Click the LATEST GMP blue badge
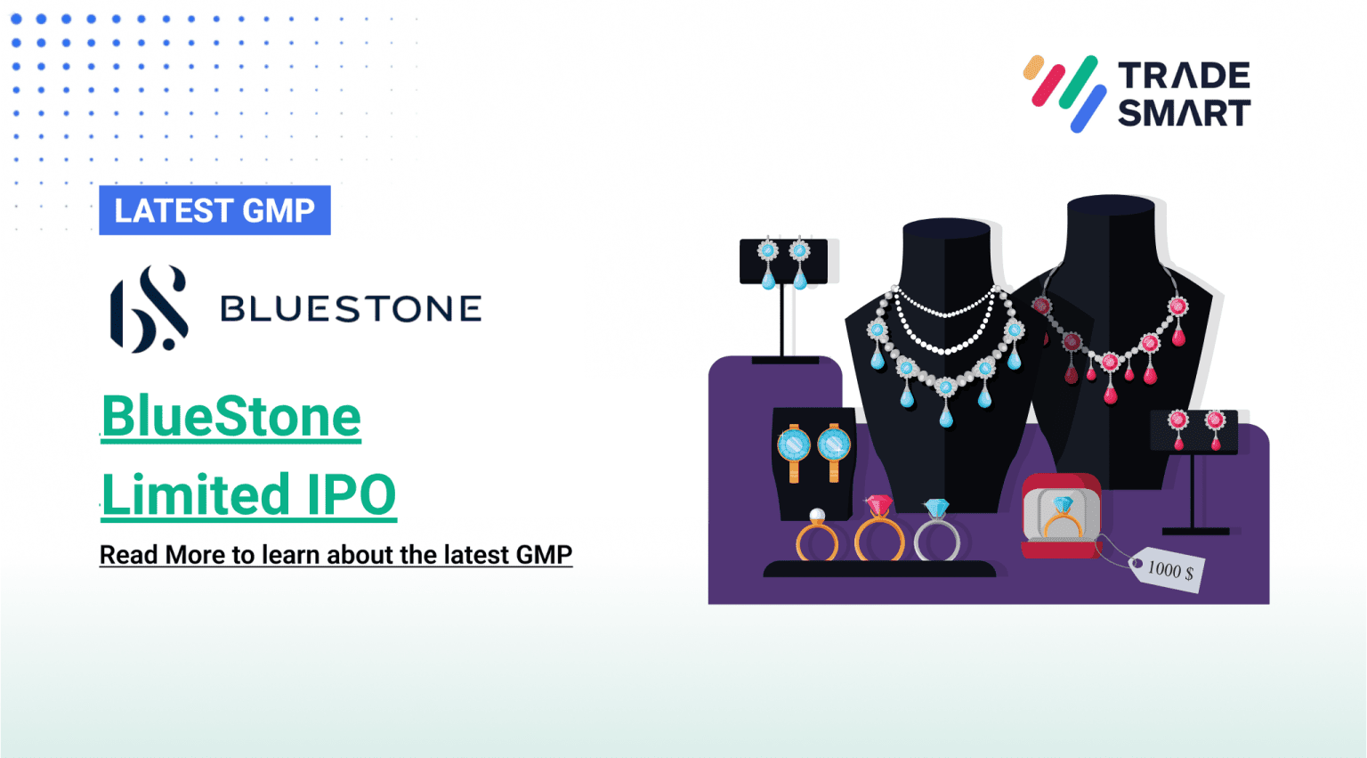(x=214, y=210)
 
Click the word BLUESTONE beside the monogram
(x=351, y=309)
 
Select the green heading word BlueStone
(x=231, y=417)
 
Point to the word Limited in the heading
(x=197, y=495)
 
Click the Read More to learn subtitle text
(x=336, y=555)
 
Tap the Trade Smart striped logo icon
(x=1064, y=93)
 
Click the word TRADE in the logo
(x=1184, y=76)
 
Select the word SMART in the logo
(x=1184, y=113)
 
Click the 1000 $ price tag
(x=1167, y=569)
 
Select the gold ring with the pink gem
(x=878, y=531)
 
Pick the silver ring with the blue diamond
(x=937, y=532)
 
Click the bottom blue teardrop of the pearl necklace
(x=945, y=414)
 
